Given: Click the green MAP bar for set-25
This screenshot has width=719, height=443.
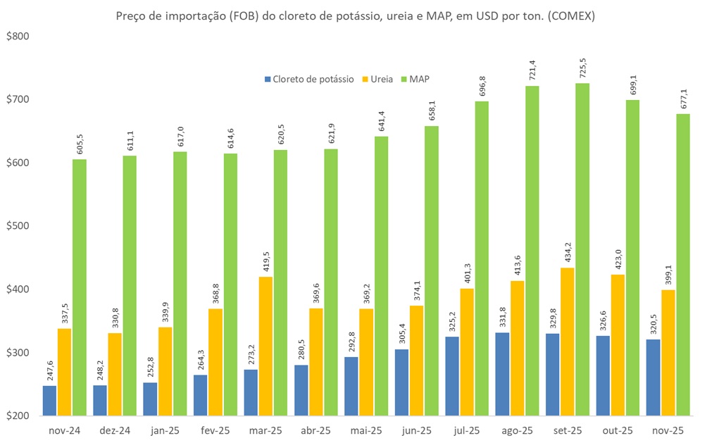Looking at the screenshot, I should tap(582, 249).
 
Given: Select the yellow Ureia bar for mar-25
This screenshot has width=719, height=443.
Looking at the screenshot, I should tap(265, 346).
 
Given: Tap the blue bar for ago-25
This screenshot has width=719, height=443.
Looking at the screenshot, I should tap(503, 374).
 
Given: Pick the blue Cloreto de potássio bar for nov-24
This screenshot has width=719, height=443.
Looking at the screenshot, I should tap(49, 400).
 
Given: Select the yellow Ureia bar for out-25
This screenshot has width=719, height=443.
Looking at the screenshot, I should tap(617, 345).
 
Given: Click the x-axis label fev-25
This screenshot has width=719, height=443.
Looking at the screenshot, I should tap(215, 430).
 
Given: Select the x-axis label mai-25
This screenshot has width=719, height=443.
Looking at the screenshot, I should tap(365, 430).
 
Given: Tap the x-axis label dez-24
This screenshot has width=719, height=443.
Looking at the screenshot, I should tap(115, 430).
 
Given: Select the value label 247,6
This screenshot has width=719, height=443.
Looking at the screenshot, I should tap(49, 370).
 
